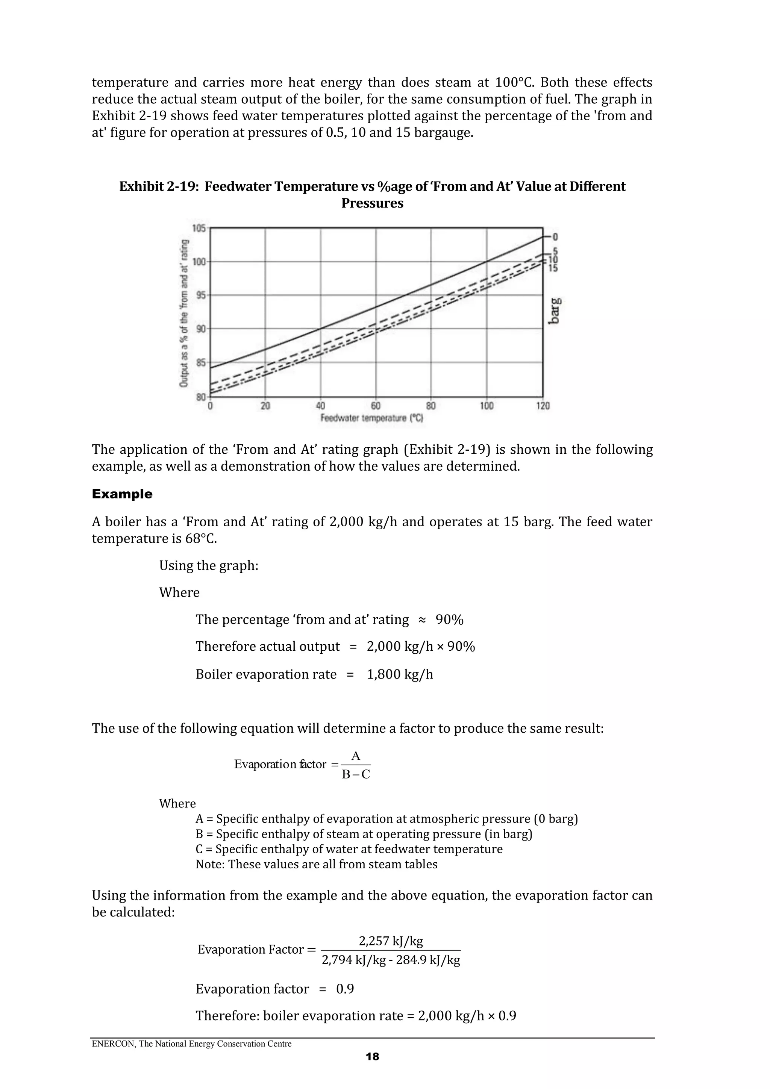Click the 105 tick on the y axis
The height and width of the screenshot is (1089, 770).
pos(199,229)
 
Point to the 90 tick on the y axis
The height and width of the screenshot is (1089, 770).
pos(201,329)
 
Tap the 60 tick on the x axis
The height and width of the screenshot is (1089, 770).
pos(376,406)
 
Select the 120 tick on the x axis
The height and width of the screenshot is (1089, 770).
pos(543,406)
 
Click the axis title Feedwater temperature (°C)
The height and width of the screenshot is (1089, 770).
pos(372,418)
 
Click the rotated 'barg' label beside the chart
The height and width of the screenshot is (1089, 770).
pos(554,311)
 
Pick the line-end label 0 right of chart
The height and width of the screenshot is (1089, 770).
pos(555,237)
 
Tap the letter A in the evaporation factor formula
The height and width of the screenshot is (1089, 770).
pos(355,756)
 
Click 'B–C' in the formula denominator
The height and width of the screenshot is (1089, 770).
pos(355,774)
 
